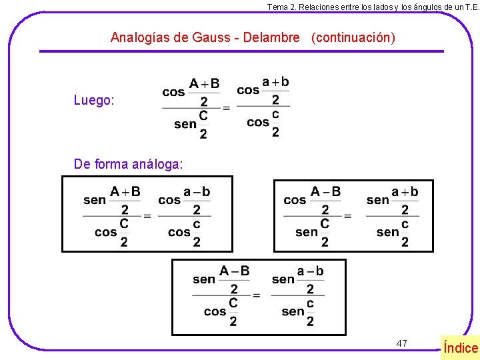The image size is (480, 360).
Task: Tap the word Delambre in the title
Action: point(271,37)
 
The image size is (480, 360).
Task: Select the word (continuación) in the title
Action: point(353,37)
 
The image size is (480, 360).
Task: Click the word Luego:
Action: point(94,101)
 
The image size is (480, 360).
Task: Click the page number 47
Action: point(401,343)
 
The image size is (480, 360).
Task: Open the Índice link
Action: point(461,347)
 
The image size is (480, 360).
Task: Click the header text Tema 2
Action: point(281,7)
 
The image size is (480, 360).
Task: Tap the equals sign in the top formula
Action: point(226,107)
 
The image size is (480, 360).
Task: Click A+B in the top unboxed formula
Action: point(204,84)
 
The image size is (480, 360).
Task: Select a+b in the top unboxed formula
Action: point(275,82)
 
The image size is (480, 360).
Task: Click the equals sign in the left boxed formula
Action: point(147,216)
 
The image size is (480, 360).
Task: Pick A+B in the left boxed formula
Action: point(125,192)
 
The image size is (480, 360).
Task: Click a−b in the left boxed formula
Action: point(197,192)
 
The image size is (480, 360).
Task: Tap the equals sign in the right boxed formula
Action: point(347,216)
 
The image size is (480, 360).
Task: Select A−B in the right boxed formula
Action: point(325,192)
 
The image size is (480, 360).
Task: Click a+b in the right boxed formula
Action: point(405,192)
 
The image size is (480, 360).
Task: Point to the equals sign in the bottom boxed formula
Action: point(256,295)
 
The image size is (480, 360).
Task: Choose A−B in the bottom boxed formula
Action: point(234,271)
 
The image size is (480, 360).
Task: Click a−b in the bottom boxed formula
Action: point(310,271)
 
